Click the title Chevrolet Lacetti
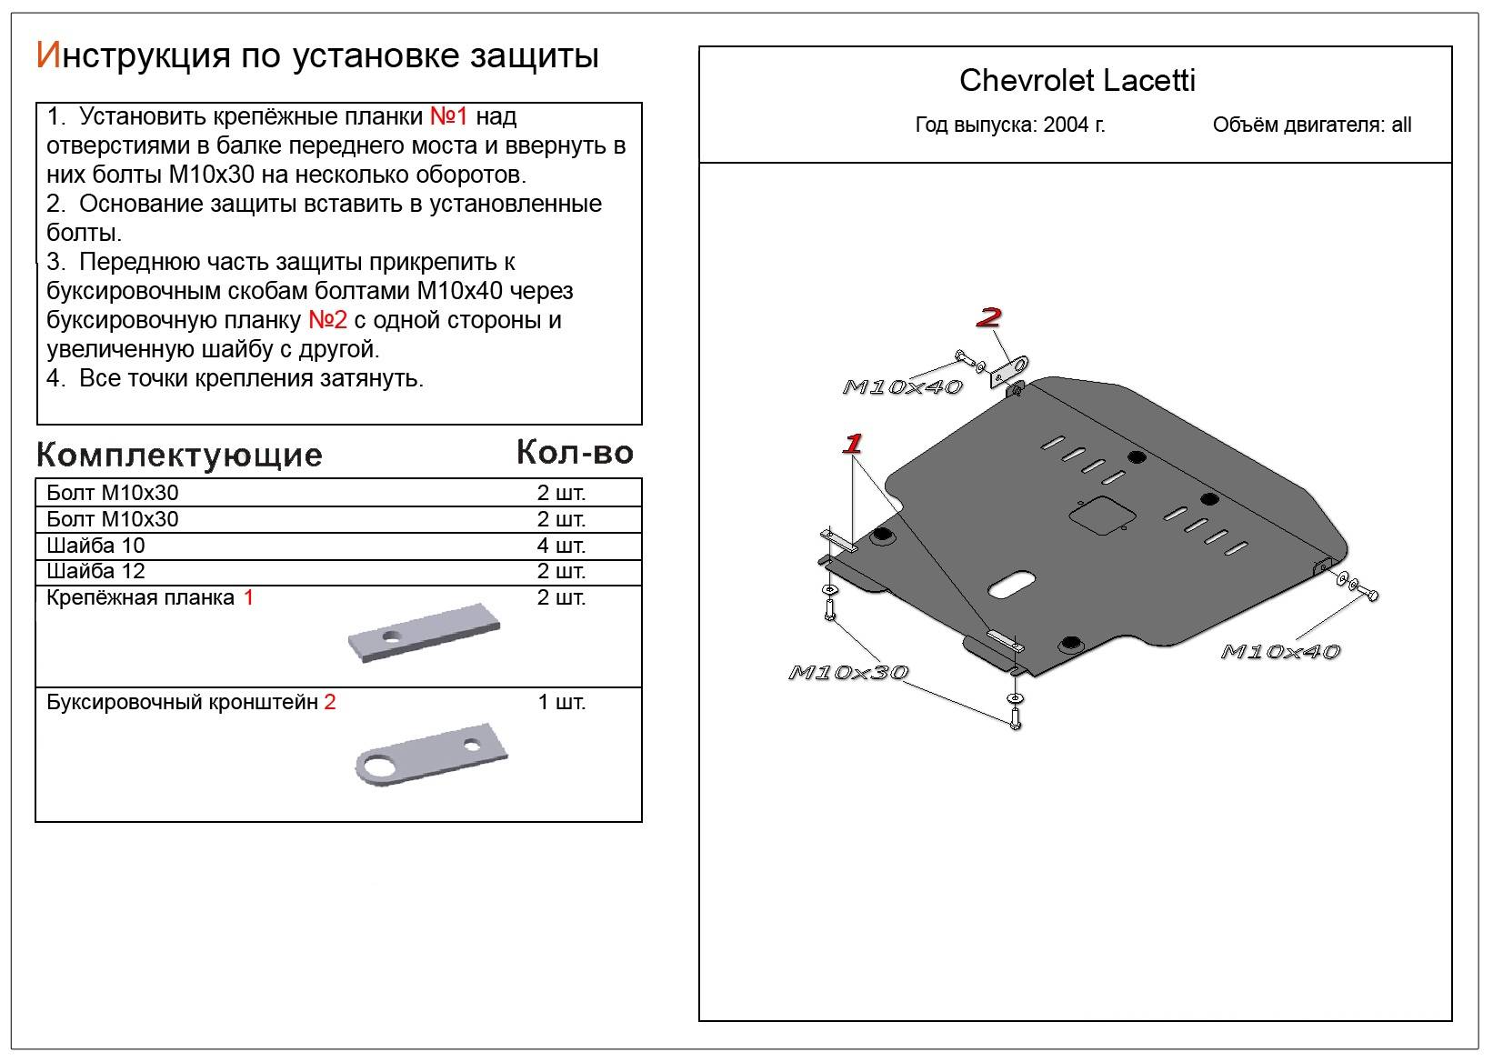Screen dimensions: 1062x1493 pos(1077,81)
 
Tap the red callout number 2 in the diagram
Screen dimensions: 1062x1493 pos(988,317)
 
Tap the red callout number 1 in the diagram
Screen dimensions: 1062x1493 pos(852,444)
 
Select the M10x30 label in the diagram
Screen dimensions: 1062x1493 pos(847,673)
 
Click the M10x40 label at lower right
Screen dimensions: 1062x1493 pos(1279,652)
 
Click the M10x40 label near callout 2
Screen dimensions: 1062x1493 pos(902,387)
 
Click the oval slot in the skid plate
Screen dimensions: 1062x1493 pos(1010,584)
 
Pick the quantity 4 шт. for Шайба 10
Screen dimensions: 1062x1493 pos(561,546)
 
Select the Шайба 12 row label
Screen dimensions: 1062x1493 pos(95,571)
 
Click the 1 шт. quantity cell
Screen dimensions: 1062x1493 pos(562,702)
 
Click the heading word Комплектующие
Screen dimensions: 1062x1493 pos(179,455)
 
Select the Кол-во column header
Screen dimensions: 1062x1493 pos(575,452)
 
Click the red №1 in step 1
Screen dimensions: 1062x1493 pos(447,116)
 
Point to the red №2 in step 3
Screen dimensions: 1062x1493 pos(328,320)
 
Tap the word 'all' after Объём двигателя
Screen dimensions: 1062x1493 pos(1401,125)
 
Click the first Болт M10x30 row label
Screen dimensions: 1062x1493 pos(113,493)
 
